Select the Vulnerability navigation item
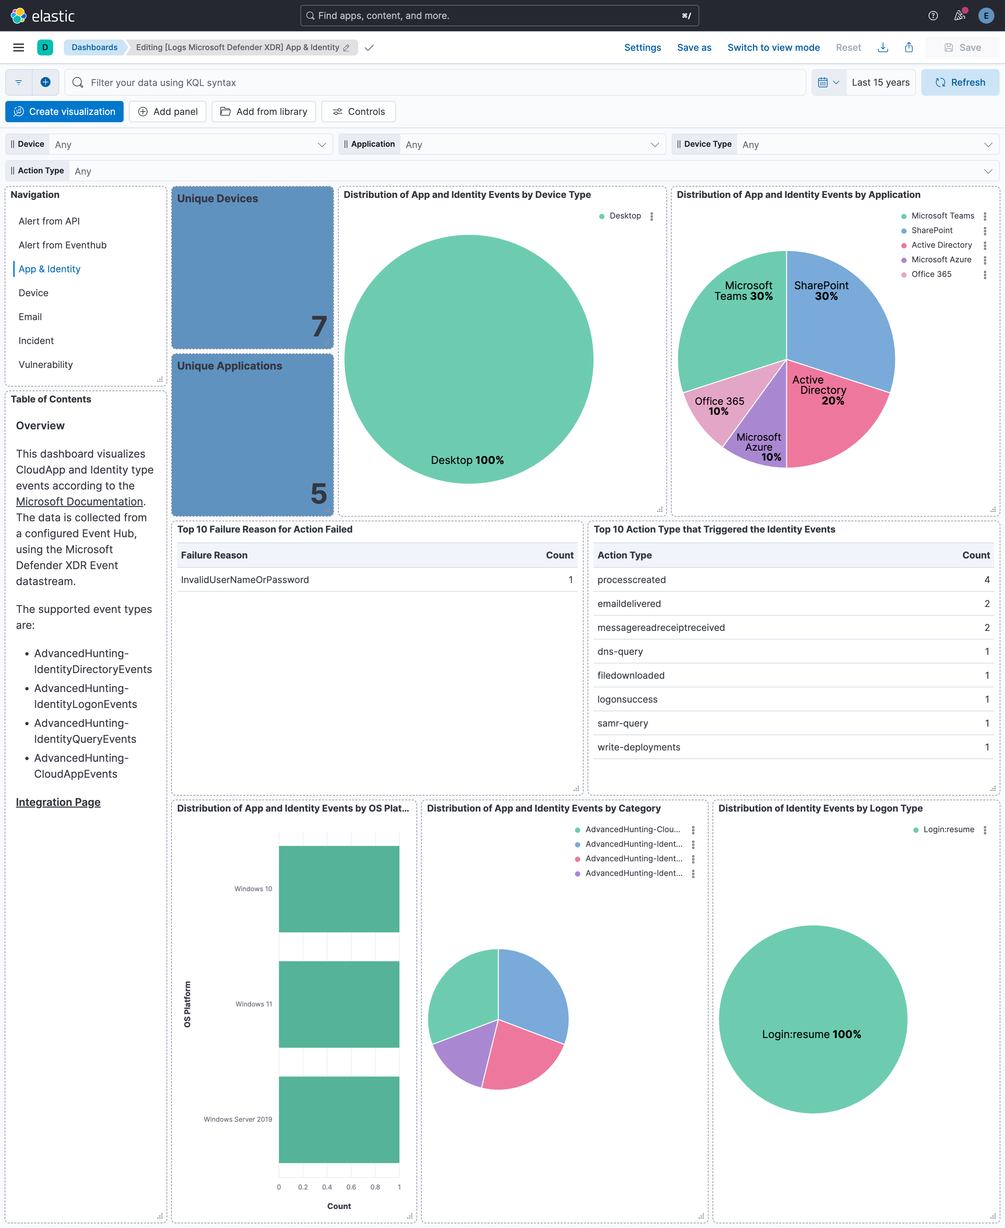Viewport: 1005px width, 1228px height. pos(46,364)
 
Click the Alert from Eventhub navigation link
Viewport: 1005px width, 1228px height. pos(62,245)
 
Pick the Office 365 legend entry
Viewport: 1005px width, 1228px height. pos(931,274)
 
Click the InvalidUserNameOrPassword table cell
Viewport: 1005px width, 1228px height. pos(245,579)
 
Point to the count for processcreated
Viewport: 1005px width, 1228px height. pos(986,579)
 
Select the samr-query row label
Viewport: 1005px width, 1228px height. pos(622,723)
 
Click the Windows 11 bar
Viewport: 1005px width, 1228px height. pos(339,1004)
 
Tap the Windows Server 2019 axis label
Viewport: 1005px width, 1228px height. pos(238,1119)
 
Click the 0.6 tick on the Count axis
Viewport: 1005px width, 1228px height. pos(351,1187)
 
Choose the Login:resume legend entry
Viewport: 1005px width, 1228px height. pos(948,830)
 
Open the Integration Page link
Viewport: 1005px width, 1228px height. pos(58,802)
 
